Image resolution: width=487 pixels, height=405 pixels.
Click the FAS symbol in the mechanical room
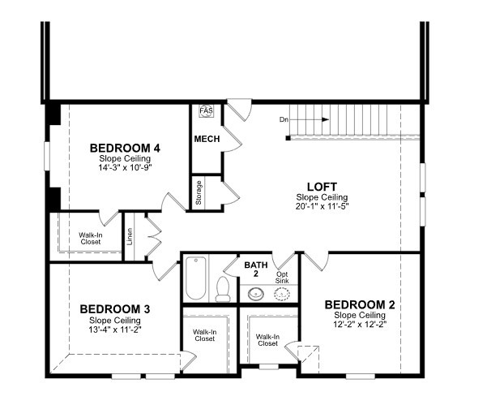click(x=207, y=110)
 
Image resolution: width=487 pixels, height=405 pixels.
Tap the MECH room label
click(x=207, y=139)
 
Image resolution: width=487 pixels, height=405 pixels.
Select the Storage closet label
click(x=199, y=192)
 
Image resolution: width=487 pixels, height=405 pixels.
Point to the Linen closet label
click(x=130, y=236)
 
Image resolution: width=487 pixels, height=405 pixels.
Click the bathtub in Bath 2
click(x=195, y=278)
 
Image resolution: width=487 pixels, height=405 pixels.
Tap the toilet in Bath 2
click(x=223, y=289)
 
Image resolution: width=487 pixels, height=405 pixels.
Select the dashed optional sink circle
click(x=282, y=293)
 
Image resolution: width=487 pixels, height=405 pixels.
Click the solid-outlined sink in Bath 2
click(x=255, y=293)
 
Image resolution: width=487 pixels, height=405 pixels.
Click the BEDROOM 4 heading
click(x=125, y=149)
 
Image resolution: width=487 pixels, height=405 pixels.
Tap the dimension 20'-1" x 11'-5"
click(x=322, y=206)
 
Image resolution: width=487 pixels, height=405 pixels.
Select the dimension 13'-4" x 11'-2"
click(x=115, y=330)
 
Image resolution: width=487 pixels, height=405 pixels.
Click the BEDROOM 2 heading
click(x=360, y=305)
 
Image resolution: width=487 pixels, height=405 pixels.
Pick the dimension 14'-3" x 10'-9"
click(x=125, y=167)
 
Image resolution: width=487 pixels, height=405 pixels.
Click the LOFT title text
click(x=322, y=187)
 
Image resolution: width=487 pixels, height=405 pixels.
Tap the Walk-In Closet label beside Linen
click(x=91, y=239)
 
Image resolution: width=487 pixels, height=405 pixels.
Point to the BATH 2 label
click(x=256, y=269)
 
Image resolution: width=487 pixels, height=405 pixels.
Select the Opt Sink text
click(x=282, y=278)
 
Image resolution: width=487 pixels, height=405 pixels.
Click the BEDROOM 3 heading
click(x=115, y=309)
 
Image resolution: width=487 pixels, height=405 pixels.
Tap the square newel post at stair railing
click(x=288, y=138)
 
